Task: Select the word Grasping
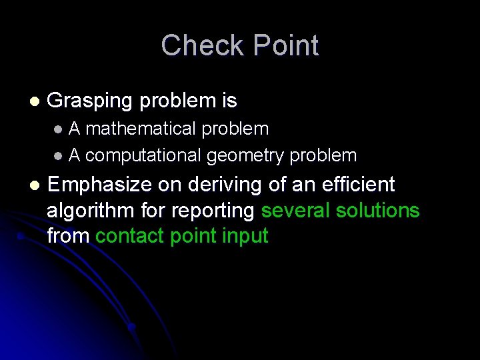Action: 90,101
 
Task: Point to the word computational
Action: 143,156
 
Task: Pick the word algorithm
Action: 91,211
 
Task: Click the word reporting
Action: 213,211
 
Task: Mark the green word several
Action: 296,211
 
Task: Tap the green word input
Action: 245,236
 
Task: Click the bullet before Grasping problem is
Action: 35,102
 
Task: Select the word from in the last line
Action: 69,236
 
